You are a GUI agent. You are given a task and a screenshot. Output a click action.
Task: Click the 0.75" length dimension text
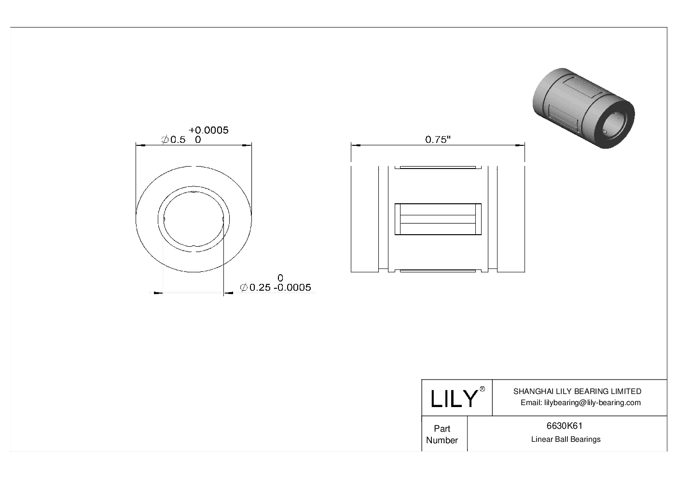coord(438,140)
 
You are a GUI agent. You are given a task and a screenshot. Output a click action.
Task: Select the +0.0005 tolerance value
coord(208,130)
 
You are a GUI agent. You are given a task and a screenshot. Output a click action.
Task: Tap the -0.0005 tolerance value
coord(292,288)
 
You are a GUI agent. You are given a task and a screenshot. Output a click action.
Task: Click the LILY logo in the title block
coord(454,399)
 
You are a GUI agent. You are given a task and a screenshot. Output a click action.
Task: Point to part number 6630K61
coord(564,426)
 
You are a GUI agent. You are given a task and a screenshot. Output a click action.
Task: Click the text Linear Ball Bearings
coord(566,439)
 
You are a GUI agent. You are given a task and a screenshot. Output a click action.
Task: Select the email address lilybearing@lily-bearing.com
coord(580,403)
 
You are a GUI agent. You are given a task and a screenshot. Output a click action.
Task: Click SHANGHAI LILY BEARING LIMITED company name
coord(577,392)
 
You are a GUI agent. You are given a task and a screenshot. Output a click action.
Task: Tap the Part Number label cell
coord(442,434)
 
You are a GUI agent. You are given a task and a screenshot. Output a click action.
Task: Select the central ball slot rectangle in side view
coord(438,219)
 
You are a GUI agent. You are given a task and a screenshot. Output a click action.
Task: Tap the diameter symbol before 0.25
coord(244,288)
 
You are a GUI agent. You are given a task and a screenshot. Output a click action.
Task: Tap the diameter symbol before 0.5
coord(165,140)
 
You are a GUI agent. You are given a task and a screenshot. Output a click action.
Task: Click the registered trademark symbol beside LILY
coord(482,390)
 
